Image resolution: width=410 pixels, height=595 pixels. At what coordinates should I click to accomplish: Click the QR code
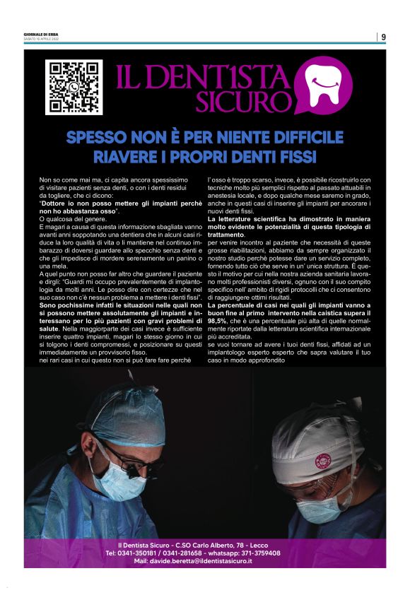point(74,88)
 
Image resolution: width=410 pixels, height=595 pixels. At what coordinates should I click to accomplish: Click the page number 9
point(383,37)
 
